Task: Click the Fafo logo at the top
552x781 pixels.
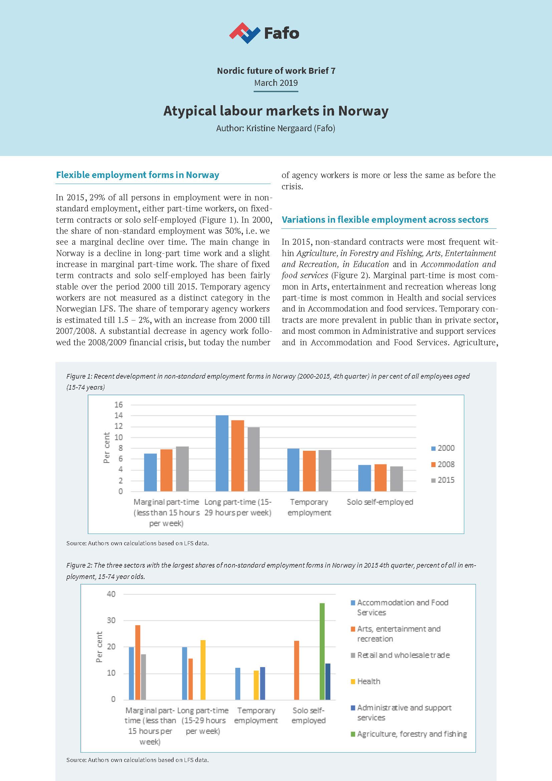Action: click(264, 33)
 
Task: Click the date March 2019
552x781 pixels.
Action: click(276, 83)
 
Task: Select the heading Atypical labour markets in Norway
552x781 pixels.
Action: click(276, 111)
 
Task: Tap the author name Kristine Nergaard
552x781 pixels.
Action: click(289, 128)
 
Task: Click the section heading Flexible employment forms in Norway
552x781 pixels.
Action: click(137, 175)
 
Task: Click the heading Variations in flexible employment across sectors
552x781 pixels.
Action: click(385, 219)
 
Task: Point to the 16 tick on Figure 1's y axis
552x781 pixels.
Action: click(118, 405)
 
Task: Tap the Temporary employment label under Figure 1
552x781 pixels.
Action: click(309, 507)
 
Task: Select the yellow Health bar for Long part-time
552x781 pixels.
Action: click(203, 670)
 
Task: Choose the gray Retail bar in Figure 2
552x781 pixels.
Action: click(143, 676)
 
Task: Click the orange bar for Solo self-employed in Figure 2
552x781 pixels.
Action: click(296, 670)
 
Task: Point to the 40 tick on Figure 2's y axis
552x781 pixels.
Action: click(111, 594)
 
